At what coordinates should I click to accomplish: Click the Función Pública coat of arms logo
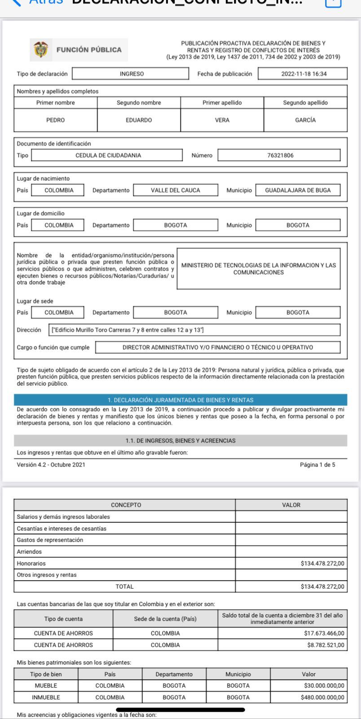pyautogui.click(x=41, y=50)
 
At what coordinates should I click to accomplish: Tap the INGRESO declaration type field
pyautogui.click(x=131, y=74)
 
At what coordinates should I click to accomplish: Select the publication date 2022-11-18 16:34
pyautogui.click(x=303, y=74)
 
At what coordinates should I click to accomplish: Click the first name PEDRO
pyautogui.click(x=56, y=120)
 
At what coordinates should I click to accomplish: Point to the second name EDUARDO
pyautogui.click(x=139, y=120)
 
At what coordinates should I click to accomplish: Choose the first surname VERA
pyautogui.click(x=222, y=120)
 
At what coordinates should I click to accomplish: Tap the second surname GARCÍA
pyautogui.click(x=305, y=120)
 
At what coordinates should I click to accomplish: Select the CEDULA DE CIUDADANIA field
pyautogui.click(x=108, y=155)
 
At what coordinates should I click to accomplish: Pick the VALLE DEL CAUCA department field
pyautogui.click(x=176, y=190)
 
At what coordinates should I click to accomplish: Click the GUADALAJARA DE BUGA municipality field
pyautogui.click(x=298, y=190)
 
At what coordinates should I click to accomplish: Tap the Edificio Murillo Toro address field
pyautogui.click(x=194, y=330)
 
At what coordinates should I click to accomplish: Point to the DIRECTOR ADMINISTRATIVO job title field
pyautogui.click(x=218, y=347)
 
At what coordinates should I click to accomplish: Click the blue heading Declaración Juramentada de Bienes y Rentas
pyautogui.click(x=180, y=400)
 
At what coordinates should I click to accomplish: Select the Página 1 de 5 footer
pyautogui.click(x=317, y=465)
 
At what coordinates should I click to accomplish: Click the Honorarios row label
pyautogui.click(x=31, y=563)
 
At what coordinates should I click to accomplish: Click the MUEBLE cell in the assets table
pyautogui.click(x=46, y=686)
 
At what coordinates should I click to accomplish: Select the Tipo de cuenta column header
pyautogui.click(x=63, y=619)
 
